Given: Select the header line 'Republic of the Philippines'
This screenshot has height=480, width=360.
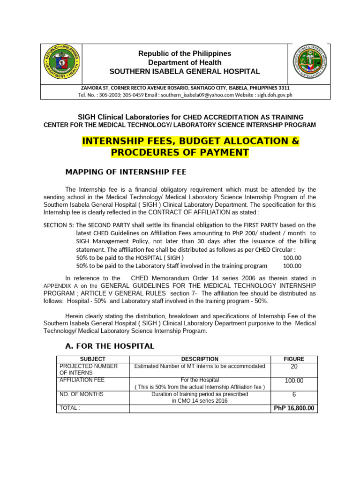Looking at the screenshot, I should coord(184,53).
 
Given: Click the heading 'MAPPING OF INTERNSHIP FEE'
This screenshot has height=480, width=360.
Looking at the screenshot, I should coord(126,172).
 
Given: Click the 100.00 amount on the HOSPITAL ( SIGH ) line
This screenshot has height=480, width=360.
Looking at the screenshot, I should coord(292,258).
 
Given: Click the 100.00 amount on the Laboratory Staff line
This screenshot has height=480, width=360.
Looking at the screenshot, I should coord(292,265).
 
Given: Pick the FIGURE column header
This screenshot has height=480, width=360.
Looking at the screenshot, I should coord(294,359).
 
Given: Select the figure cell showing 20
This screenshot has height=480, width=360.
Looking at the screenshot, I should coord(294,367).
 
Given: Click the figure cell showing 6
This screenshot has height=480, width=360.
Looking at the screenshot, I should coord(294,395).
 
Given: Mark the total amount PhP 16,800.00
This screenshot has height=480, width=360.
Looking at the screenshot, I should coord(294,408).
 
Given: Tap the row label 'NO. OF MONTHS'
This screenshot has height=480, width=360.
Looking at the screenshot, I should coord(81,394).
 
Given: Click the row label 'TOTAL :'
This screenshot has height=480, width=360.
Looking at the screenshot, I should coord(69,408).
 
